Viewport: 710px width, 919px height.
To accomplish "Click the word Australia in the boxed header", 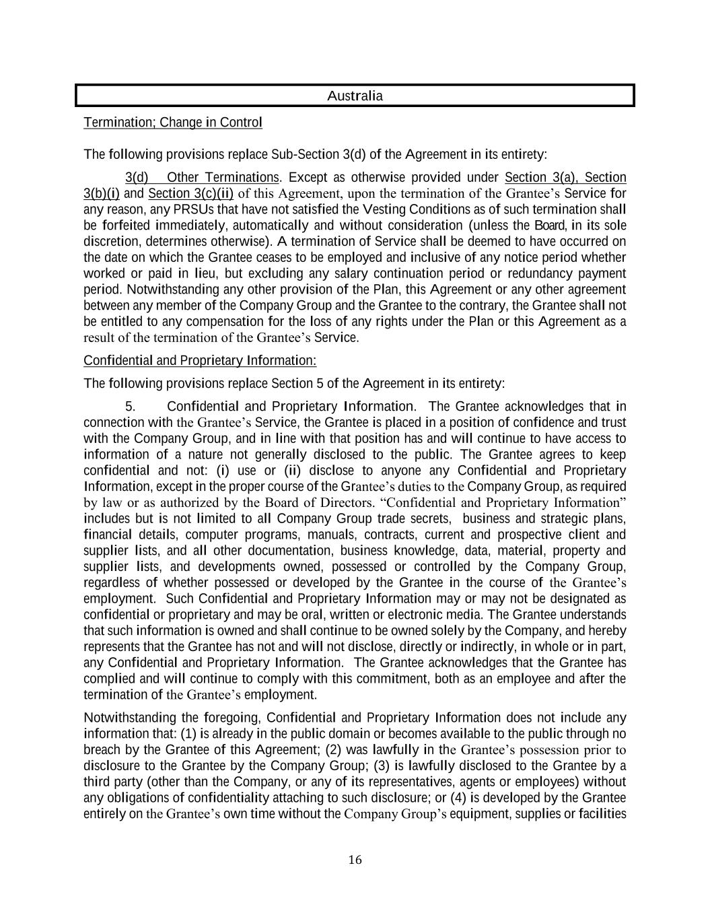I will click(355, 96).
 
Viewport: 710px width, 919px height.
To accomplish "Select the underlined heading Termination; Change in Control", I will click(173, 123).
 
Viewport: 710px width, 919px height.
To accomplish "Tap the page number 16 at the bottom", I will click(355, 860).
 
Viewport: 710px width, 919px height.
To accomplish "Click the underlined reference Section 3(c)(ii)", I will click(190, 194).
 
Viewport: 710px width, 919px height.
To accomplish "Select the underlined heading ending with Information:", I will click(200, 361).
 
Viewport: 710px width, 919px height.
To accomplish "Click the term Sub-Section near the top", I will click(304, 155).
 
